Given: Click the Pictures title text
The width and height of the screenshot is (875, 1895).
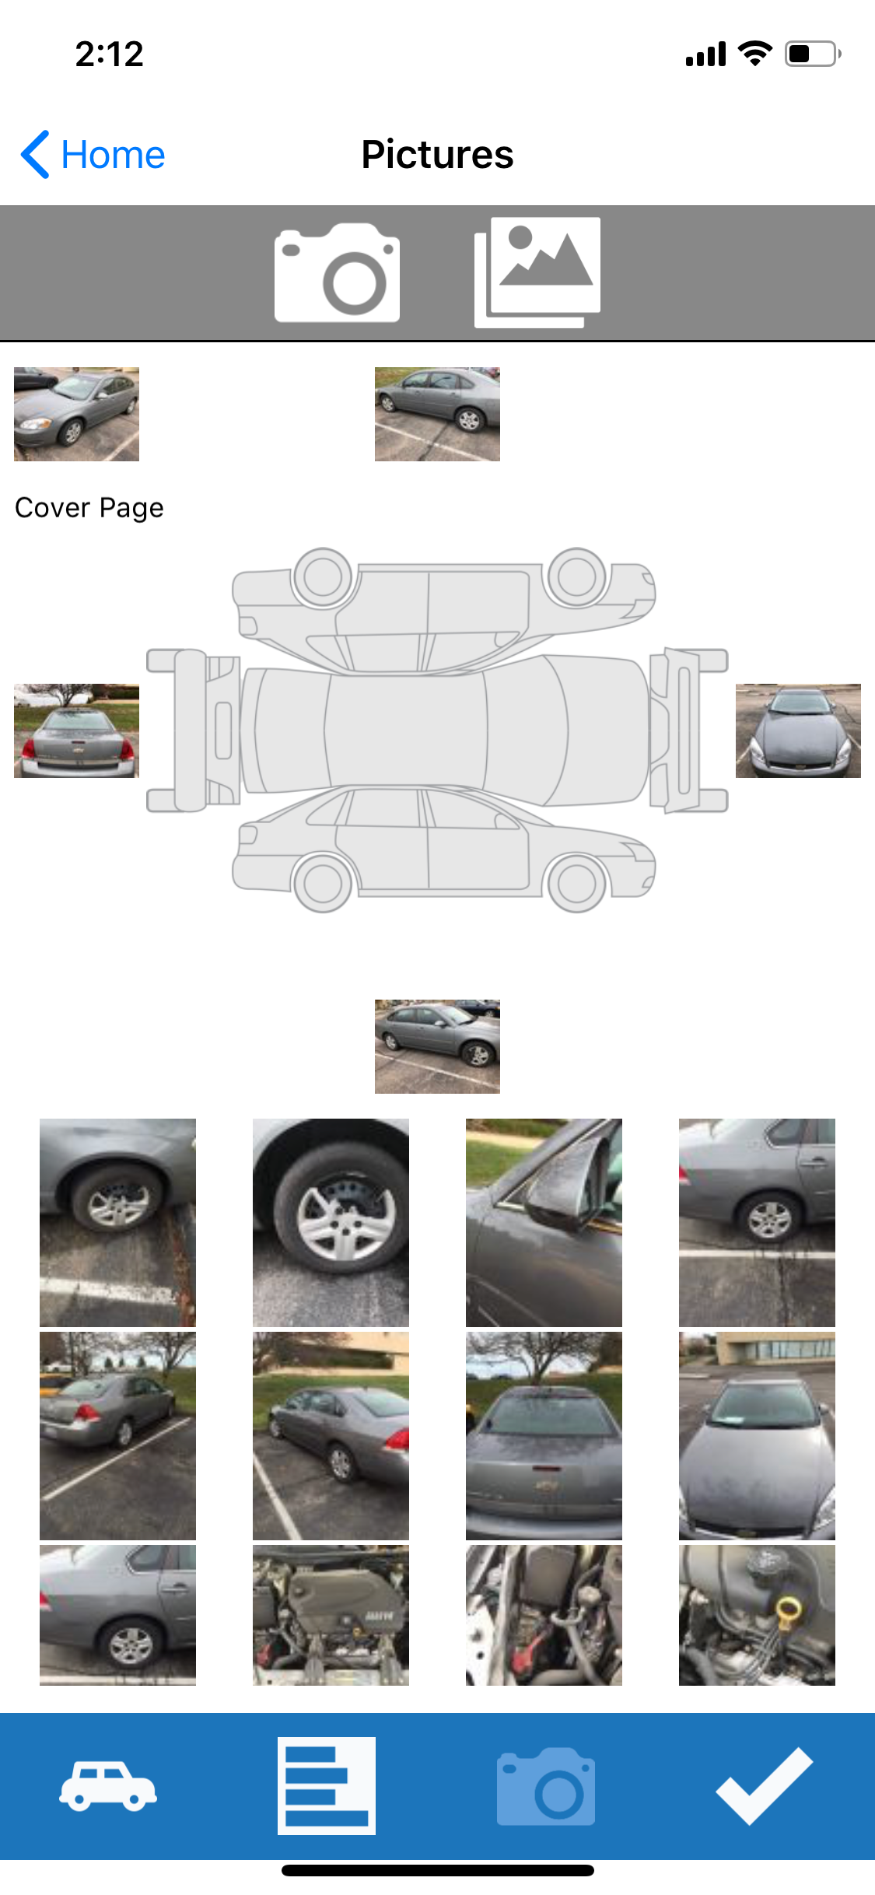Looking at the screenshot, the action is point(437,155).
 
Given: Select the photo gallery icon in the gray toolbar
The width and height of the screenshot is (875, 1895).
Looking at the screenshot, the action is point(537,272).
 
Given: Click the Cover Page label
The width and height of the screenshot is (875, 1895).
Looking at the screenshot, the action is point(89,508).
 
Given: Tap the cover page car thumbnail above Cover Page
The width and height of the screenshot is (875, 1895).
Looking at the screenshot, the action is point(76,414).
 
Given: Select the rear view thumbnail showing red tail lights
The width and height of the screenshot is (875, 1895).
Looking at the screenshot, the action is point(76,730).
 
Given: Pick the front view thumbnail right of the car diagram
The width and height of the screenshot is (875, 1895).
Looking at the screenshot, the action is point(798,730).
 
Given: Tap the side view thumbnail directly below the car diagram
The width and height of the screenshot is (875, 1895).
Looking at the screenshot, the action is point(437,1046).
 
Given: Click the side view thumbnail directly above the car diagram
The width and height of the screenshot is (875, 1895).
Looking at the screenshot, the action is point(437,414).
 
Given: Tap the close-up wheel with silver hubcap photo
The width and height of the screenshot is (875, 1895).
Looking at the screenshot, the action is point(331,1222).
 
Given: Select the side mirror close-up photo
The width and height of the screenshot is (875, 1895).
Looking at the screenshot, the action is point(544,1222).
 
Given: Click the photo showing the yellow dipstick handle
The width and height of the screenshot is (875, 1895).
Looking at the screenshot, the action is point(757,1615).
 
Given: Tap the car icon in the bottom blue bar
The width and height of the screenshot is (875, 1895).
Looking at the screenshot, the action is point(108,1785).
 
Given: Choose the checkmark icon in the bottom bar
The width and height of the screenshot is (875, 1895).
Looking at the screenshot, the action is point(765,1785).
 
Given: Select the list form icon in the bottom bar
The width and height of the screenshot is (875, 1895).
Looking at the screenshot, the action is point(327,1785).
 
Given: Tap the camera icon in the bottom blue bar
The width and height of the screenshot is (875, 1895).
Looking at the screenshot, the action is point(546,1785).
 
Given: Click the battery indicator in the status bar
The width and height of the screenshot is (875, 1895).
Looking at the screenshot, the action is point(813,54).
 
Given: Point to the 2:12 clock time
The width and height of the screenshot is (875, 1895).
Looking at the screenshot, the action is point(110,54).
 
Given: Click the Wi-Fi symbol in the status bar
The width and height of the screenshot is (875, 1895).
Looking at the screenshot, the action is point(754,53).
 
